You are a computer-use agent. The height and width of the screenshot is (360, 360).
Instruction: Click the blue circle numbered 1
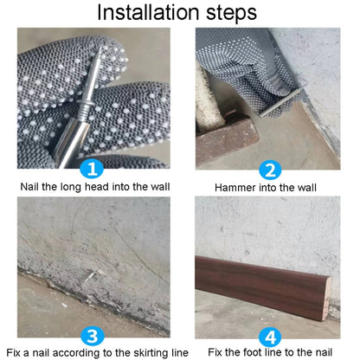pyautogui.click(x=92, y=169)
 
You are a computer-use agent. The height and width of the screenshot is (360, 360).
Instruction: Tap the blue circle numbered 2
pyautogui.click(x=270, y=170)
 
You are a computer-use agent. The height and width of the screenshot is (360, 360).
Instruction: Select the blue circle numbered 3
pyautogui.click(x=93, y=336)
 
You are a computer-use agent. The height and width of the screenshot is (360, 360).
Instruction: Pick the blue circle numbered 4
pyautogui.click(x=270, y=337)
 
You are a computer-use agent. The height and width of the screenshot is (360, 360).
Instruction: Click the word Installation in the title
pyautogui.click(x=148, y=12)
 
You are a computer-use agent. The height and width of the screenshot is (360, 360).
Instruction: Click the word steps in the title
pyautogui.click(x=231, y=13)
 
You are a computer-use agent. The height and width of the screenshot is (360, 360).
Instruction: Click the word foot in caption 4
pyautogui.click(x=251, y=352)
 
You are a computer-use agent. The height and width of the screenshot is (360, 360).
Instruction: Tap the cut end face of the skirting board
pyautogui.click(x=326, y=299)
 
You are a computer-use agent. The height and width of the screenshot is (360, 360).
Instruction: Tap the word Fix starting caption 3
pyautogui.click(x=14, y=352)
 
